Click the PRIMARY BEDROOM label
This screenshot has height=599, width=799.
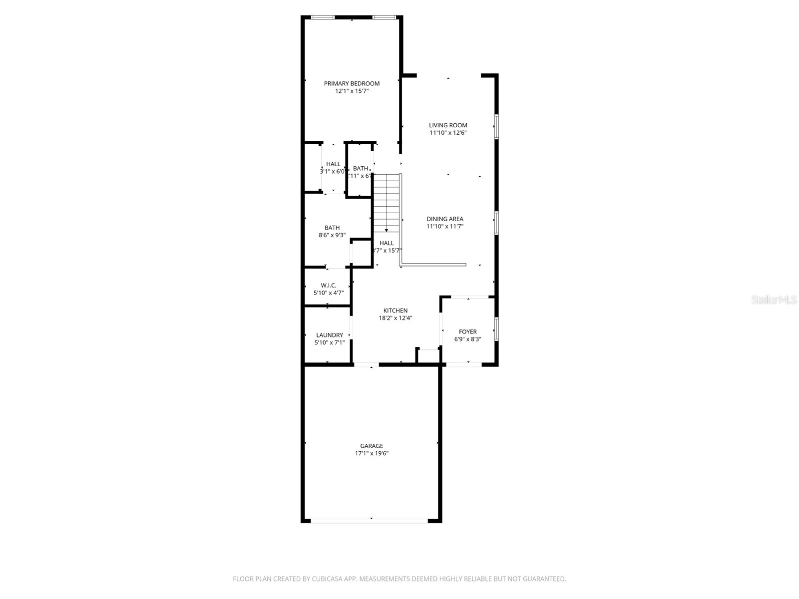click(352, 83)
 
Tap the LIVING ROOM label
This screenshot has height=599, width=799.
click(448, 125)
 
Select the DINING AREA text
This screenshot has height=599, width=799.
click(444, 219)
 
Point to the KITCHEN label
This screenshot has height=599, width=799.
click(395, 310)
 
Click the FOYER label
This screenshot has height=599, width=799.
click(467, 331)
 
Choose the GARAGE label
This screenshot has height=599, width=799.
click(372, 446)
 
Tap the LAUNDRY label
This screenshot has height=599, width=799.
click(329, 335)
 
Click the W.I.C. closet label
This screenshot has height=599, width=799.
click(328, 286)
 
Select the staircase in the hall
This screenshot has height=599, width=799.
click(387, 202)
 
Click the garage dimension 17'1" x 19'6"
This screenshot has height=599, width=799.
click(372, 454)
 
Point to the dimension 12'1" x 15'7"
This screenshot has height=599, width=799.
click(352, 91)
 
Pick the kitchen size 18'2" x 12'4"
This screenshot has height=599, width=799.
click(395, 318)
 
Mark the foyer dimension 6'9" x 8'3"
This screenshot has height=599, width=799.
click(467, 339)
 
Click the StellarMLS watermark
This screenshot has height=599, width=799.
click(774, 300)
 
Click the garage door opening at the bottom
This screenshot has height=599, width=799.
click(370, 521)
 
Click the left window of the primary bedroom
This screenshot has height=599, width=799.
click(323, 17)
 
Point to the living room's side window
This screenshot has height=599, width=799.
click(496, 127)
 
